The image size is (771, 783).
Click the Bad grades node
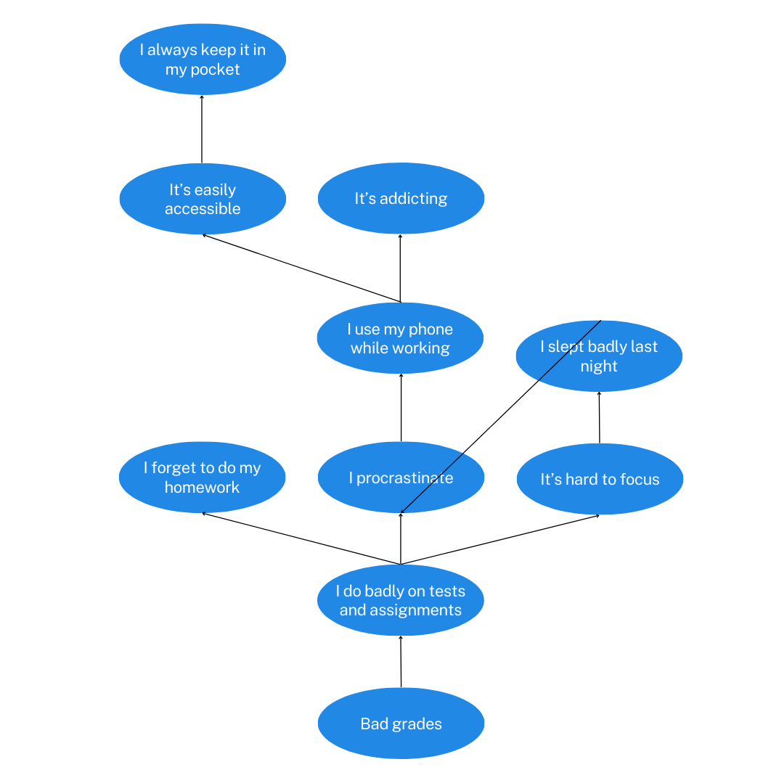(x=401, y=723)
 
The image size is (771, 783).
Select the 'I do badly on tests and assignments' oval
(x=400, y=601)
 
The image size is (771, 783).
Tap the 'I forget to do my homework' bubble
(x=202, y=477)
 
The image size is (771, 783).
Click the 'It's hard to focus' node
(x=600, y=479)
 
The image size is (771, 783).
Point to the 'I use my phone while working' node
(x=400, y=339)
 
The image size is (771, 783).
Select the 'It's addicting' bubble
(x=401, y=198)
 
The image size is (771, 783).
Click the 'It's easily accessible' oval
(x=203, y=199)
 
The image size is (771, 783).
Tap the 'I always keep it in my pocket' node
(x=203, y=60)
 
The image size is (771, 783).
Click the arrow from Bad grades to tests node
(x=401, y=662)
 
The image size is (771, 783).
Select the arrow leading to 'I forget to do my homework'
(x=301, y=538)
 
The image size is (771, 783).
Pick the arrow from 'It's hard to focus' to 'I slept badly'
(x=599, y=417)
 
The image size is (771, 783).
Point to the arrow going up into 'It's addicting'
(x=400, y=268)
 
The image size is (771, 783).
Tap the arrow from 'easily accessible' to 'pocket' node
(x=202, y=129)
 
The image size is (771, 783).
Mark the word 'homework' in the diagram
(x=202, y=488)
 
